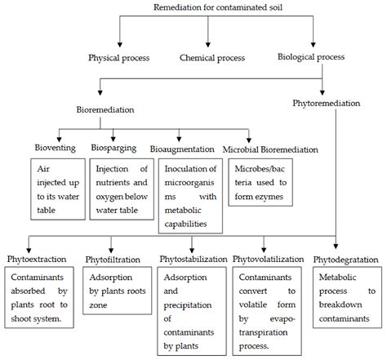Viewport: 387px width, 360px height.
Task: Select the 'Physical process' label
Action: pos(122,58)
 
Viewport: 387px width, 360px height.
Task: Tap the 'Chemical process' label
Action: pos(214,58)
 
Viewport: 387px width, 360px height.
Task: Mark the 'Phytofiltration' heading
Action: pos(115,260)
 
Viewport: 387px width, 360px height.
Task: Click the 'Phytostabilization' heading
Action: pos(193,260)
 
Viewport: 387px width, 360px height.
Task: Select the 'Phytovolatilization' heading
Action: pos(269,260)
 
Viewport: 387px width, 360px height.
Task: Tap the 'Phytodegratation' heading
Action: pos(345,260)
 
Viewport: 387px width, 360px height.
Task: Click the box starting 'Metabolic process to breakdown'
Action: pos(345,299)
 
